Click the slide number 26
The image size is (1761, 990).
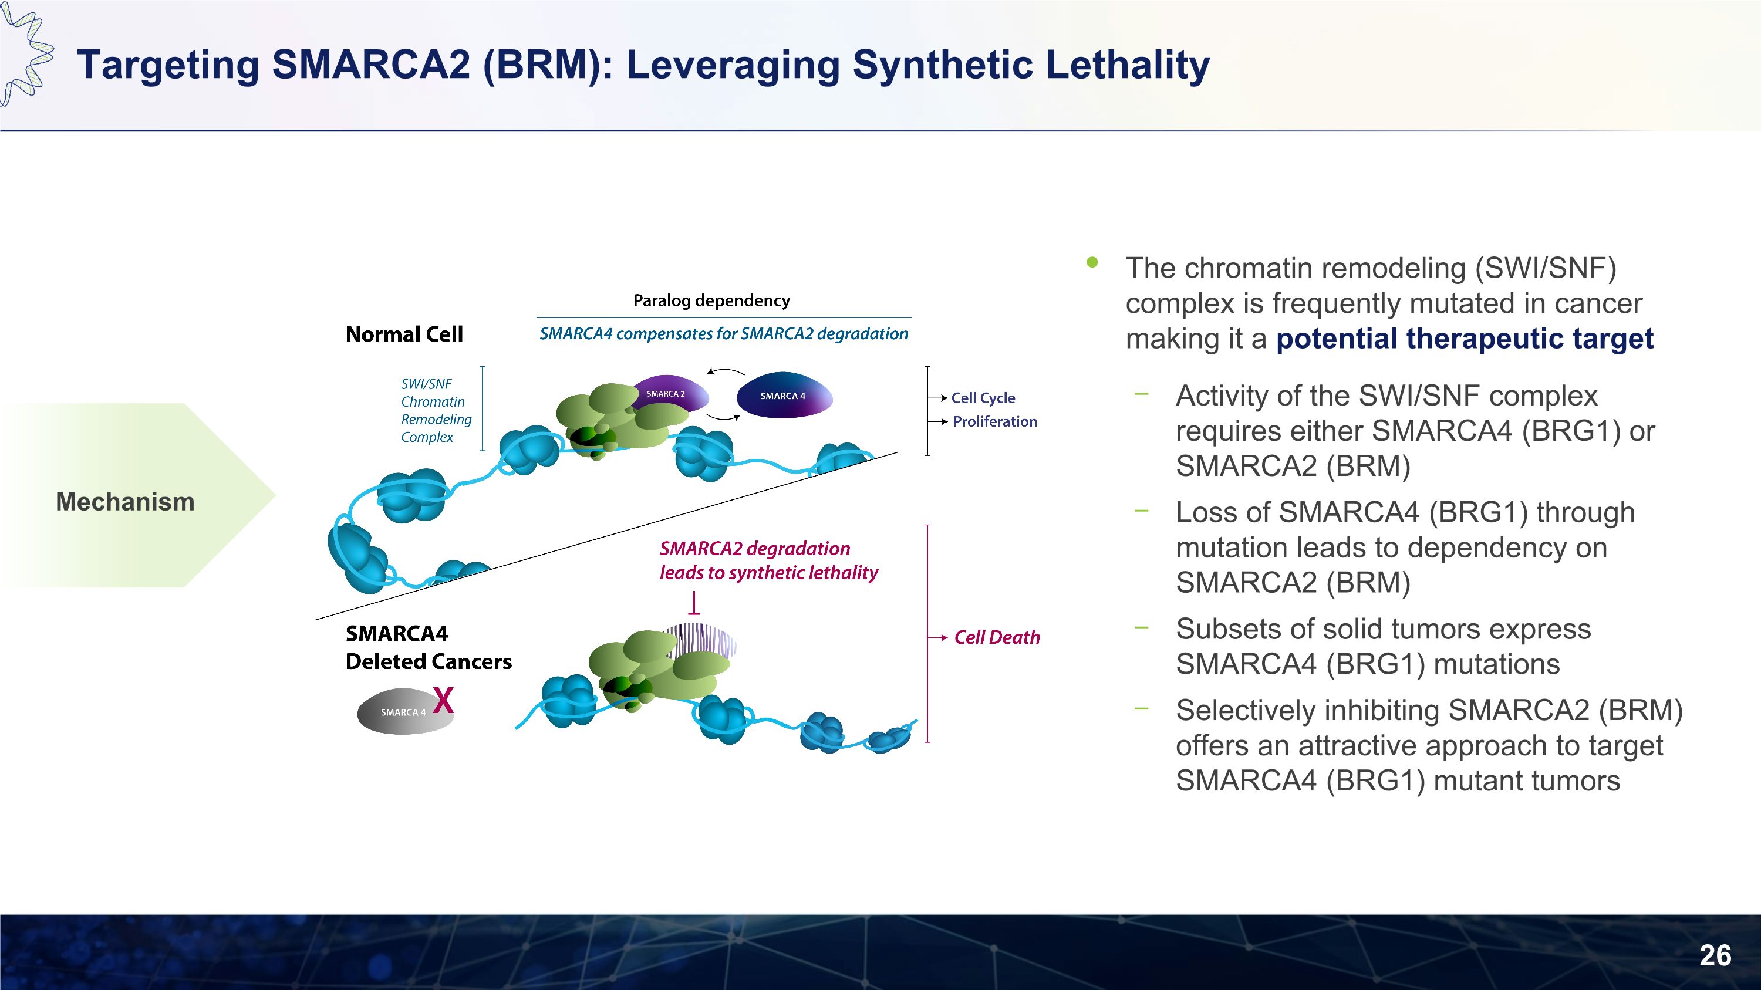point(1715,955)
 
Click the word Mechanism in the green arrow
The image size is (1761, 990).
point(125,502)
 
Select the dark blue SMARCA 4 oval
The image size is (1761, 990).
point(784,396)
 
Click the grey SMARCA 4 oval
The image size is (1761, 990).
point(403,712)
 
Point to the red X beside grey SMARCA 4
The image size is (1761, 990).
point(444,700)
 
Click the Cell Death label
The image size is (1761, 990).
point(997,637)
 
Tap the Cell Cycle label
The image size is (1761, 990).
point(983,398)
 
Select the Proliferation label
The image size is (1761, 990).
point(994,421)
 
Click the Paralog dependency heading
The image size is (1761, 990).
point(711,300)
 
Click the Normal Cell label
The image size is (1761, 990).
point(404,334)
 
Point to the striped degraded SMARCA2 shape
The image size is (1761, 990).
point(701,641)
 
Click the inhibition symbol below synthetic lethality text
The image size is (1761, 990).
point(694,604)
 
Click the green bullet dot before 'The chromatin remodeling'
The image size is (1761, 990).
point(1092,262)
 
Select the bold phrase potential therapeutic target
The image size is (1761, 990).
point(1465,339)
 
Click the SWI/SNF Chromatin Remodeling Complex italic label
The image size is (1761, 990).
point(436,410)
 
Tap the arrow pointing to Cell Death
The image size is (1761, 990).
point(938,637)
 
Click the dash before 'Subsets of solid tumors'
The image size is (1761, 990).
point(1141,627)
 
